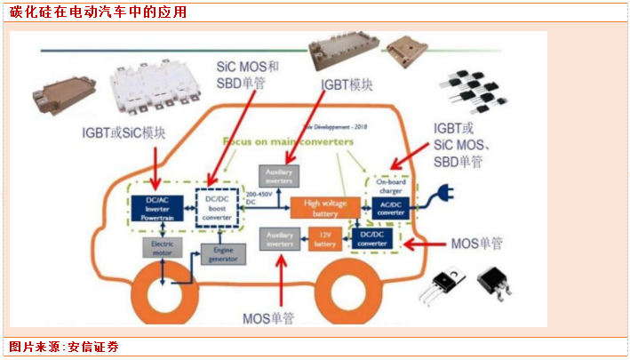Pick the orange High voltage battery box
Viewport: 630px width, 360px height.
tap(326, 208)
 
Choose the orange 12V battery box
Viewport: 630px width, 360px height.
tap(326, 238)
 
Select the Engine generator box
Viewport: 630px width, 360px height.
tap(221, 254)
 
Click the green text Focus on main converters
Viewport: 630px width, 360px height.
tap(287, 142)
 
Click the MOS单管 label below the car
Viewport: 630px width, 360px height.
tap(267, 317)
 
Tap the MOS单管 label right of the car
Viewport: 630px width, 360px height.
tap(480, 242)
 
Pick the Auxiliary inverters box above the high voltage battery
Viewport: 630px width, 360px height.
tap(275, 174)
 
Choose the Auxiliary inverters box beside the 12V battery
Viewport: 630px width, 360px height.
tap(278, 238)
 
